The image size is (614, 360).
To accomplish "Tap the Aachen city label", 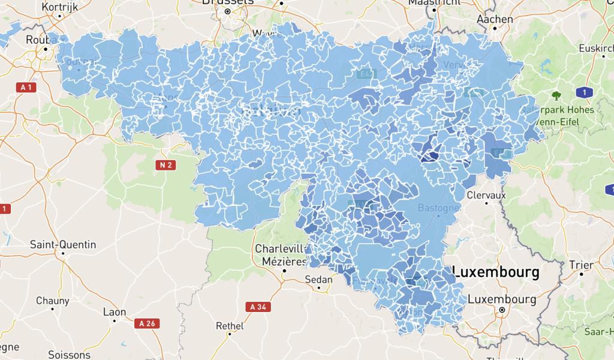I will (x=495, y=19).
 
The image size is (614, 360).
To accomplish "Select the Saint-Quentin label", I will (x=63, y=244).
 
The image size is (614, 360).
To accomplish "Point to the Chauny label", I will (x=52, y=300).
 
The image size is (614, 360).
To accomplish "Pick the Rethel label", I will (x=230, y=326).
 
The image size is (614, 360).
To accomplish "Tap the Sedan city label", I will (x=319, y=280).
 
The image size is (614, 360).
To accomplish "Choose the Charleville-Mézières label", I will (x=281, y=254).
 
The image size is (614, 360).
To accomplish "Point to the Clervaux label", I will (x=486, y=195).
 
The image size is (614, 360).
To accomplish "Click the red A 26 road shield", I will (x=147, y=323).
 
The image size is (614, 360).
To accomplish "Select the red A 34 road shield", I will (x=257, y=307).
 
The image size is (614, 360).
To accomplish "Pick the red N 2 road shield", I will (x=166, y=164).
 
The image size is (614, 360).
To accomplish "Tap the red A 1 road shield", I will (x=25, y=88).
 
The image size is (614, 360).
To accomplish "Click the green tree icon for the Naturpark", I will (x=556, y=95).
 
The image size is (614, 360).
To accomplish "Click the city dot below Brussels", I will (x=227, y=11).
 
